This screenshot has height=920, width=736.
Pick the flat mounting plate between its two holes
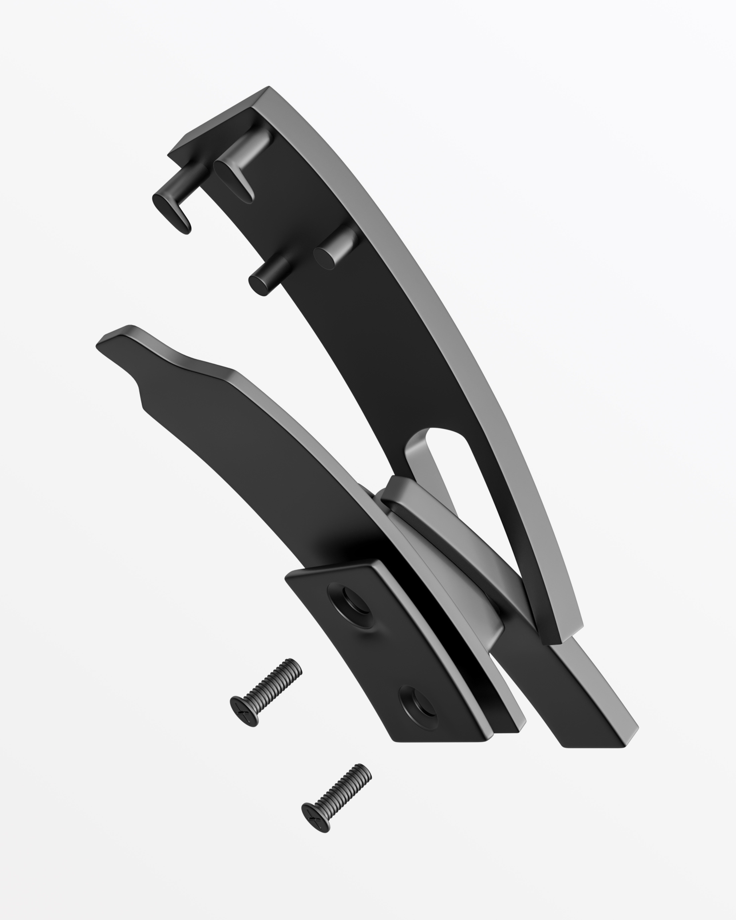point(384,653)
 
